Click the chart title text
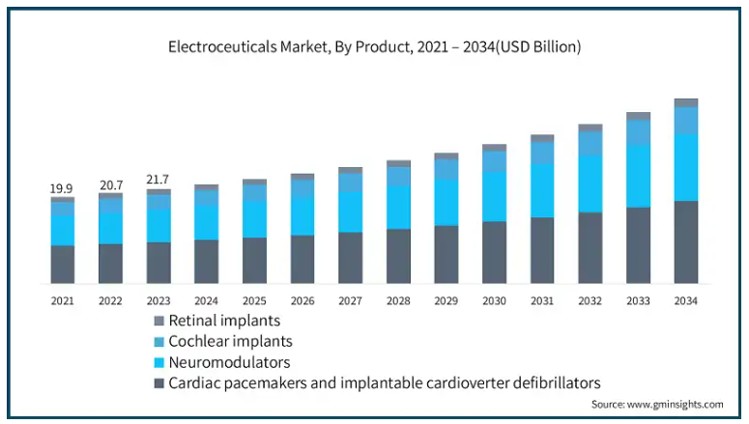click(x=374, y=46)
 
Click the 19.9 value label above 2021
click(x=62, y=187)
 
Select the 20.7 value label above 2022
click(x=110, y=184)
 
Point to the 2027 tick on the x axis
click(x=350, y=301)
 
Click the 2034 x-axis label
click(x=685, y=301)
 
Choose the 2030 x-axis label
click(x=494, y=301)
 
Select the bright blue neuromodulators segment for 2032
click(x=590, y=184)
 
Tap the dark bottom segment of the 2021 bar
click(x=63, y=264)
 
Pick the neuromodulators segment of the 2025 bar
click(x=254, y=219)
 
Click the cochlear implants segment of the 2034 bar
click(x=686, y=120)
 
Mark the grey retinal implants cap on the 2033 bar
click(x=638, y=116)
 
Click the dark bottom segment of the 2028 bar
click(x=398, y=256)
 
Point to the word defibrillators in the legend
click(x=547, y=383)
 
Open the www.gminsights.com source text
click(x=674, y=404)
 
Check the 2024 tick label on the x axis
click(x=206, y=301)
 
